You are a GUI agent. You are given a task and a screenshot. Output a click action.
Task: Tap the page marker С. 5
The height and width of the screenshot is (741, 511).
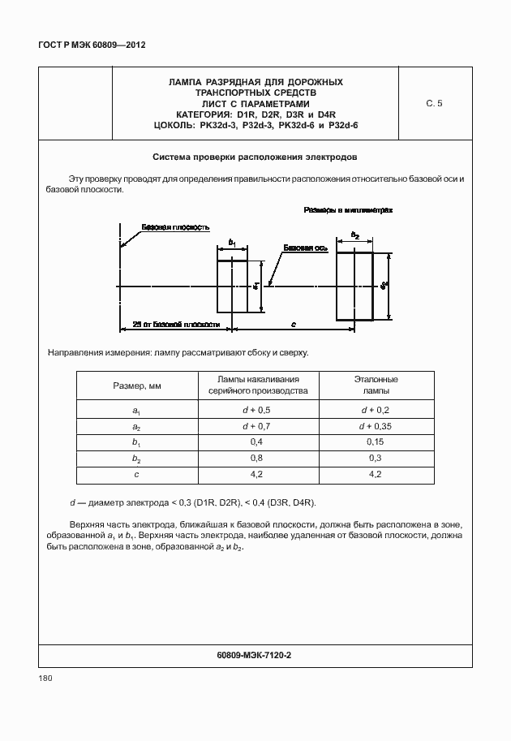click(434, 103)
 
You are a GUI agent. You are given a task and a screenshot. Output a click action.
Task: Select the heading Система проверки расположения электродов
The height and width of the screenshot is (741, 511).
click(255, 156)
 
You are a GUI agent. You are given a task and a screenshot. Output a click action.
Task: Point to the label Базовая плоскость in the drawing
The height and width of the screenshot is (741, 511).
click(175, 227)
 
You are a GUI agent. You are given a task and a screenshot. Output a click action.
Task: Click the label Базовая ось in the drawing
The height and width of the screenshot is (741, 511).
click(305, 248)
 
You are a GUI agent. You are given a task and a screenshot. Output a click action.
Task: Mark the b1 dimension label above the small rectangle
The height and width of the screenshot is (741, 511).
click(232, 243)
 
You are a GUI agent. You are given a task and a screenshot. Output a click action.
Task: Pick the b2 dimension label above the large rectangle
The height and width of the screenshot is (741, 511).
click(354, 235)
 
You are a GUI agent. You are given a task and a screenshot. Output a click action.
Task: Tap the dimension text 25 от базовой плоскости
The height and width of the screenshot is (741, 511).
click(176, 324)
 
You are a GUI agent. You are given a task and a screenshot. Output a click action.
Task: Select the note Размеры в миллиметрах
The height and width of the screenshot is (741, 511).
click(348, 209)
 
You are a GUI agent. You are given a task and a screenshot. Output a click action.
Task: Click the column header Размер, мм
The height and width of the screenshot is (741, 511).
click(137, 386)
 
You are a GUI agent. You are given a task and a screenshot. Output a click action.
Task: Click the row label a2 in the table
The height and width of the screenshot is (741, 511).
click(137, 427)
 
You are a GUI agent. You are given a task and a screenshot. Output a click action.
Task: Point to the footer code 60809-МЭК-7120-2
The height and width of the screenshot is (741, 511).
click(255, 654)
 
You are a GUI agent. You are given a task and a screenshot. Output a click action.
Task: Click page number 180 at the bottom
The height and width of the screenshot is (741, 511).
click(45, 679)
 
